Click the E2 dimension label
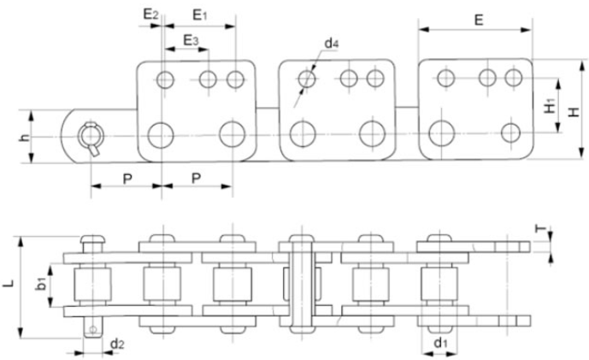tap(150, 15)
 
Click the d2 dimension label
tap(118, 344)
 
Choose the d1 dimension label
tap(439, 344)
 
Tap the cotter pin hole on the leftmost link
tap(89, 135)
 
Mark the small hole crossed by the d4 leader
tap(306, 80)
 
